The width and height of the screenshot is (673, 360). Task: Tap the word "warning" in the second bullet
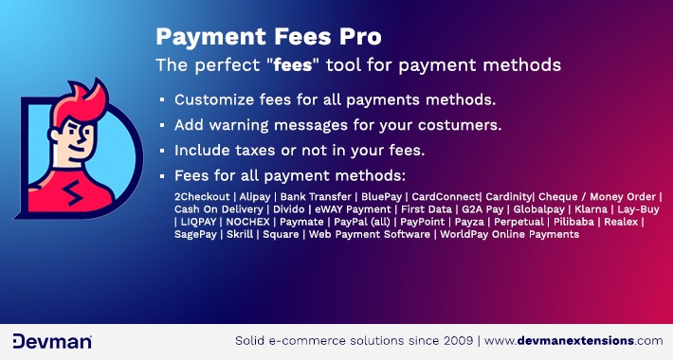click(x=250, y=125)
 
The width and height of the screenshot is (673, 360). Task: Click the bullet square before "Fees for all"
click(x=163, y=176)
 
